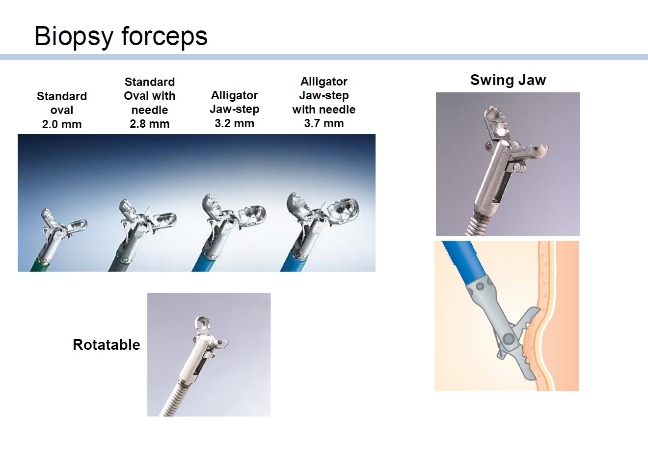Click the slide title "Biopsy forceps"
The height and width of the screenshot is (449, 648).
click(x=121, y=36)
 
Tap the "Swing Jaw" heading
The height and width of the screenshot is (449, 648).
click(x=508, y=80)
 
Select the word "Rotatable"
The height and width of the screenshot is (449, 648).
click(x=107, y=344)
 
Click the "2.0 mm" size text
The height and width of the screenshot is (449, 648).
click(x=62, y=124)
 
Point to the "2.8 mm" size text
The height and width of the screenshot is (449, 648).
click(x=150, y=124)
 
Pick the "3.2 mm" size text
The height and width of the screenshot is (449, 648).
click(x=234, y=123)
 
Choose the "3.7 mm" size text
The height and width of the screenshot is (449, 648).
click(x=324, y=123)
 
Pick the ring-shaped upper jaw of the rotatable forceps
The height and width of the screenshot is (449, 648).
click(x=202, y=323)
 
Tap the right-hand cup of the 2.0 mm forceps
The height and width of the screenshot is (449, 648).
click(x=78, y=225)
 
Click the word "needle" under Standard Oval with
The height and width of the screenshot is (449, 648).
click(x=150, y=110)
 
